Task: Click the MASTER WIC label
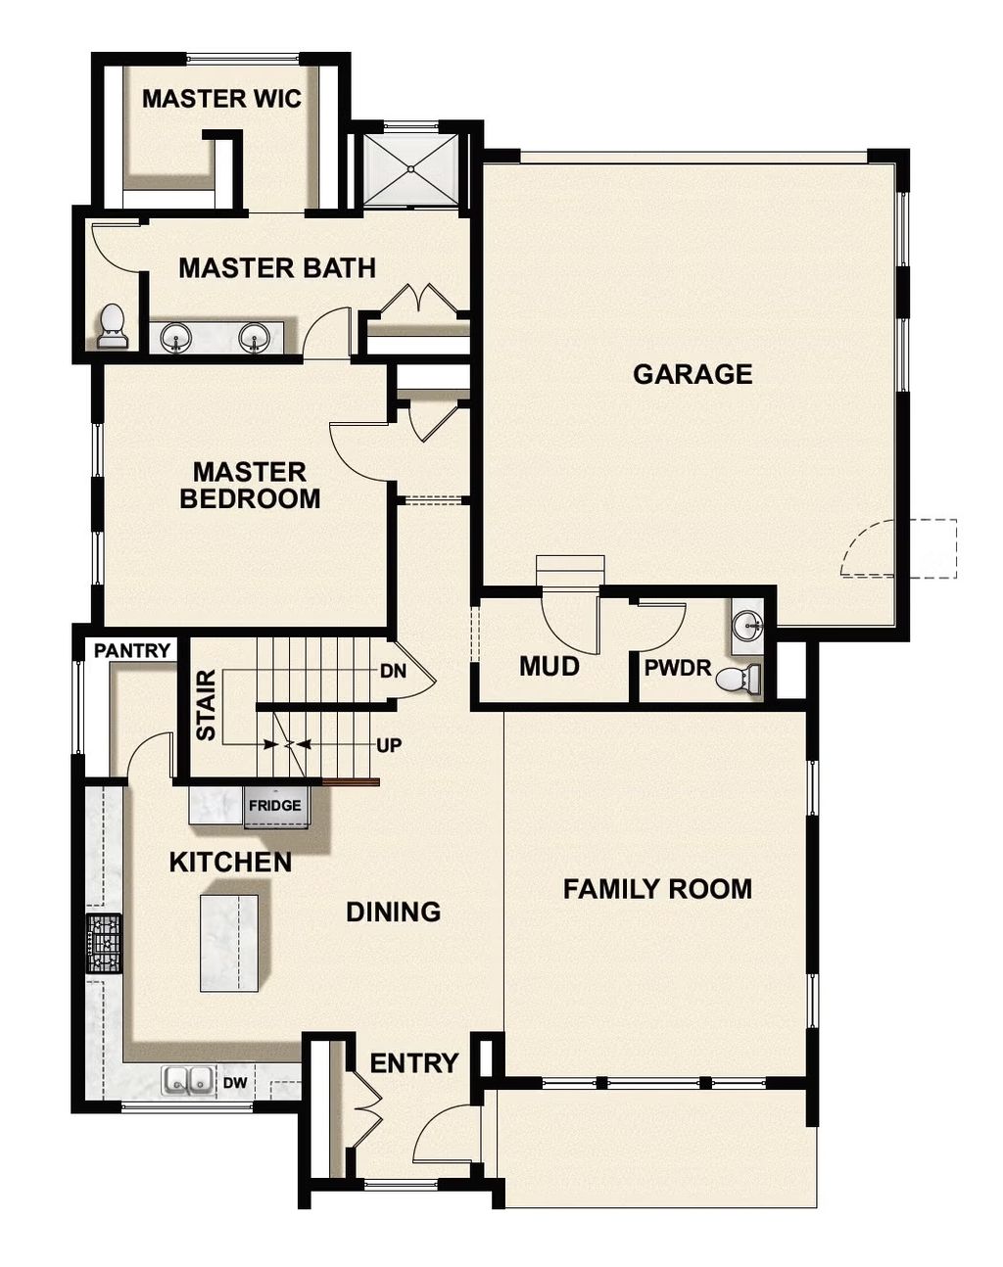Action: pyautogui.click(x=221, y=99)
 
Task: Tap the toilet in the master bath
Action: pyautogui.click(x=113, y=327)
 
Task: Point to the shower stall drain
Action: pyautogui.click(x=411, y=168)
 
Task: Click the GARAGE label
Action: pyautogui.click(x=693, y=374)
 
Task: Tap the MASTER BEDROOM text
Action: pyautogui.click(x=250, y=486)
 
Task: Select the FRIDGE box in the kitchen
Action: pyautogui.click(x=274, y=806)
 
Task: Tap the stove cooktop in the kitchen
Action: pyautogui.click(x=104, y=943)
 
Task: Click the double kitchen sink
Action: pyautogui.click(x=188, y=1080)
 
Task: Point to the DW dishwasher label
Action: pyautogui.click(x=233, y=1083)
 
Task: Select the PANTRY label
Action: pyautogui.click(x=132, y=650)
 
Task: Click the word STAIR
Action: pyautogui.click(x=206, y=705)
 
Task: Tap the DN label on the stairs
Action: pyautogui.click(x=393, y=672)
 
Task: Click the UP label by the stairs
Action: pyautogui.click(x=389, y=746)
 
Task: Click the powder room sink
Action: pyautogui.click(x=749, y=626)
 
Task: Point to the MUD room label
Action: pyautogui.click(x=549, y=667)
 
